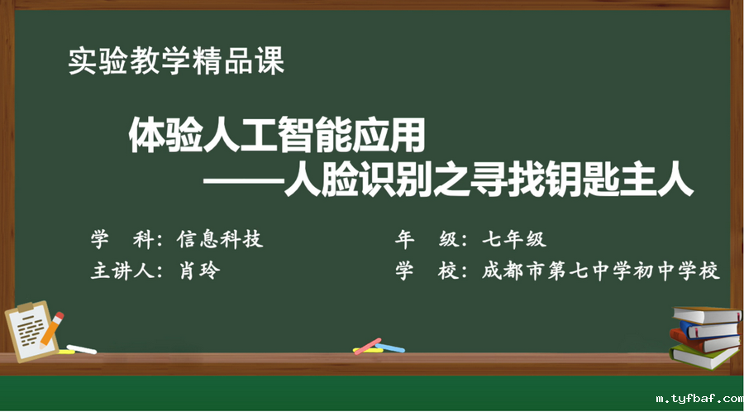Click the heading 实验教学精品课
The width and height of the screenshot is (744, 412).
[176, 62]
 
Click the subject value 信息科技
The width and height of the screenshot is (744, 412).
[221, 240]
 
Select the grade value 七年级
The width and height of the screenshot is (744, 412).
[513, 240]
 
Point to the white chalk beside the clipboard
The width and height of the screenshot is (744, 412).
[81, 349]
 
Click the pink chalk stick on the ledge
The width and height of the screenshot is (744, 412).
[367, 345]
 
